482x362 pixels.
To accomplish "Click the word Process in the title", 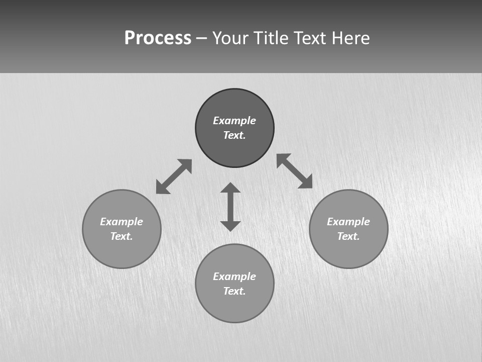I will (158, 38).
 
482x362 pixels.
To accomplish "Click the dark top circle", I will (234, 103).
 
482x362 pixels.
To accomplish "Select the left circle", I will (122, 251).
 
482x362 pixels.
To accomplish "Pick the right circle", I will (348, 251).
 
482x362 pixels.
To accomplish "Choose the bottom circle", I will (234, 307).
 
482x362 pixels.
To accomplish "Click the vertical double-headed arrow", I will (230, 207).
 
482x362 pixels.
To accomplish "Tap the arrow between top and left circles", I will (174, 176).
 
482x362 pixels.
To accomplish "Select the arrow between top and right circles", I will (295, 171).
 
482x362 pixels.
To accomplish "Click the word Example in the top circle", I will (234, 121).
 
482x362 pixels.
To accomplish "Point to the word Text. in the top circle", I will (234, 135).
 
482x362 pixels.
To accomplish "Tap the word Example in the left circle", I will (122, 222).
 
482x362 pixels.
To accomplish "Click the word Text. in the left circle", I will (122, 236).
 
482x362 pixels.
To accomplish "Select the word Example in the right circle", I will (348, 222).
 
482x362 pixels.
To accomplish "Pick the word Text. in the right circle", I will (348, 236).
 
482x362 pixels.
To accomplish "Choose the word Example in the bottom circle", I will (234, 277).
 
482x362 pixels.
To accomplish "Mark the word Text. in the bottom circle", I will (234, 291).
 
